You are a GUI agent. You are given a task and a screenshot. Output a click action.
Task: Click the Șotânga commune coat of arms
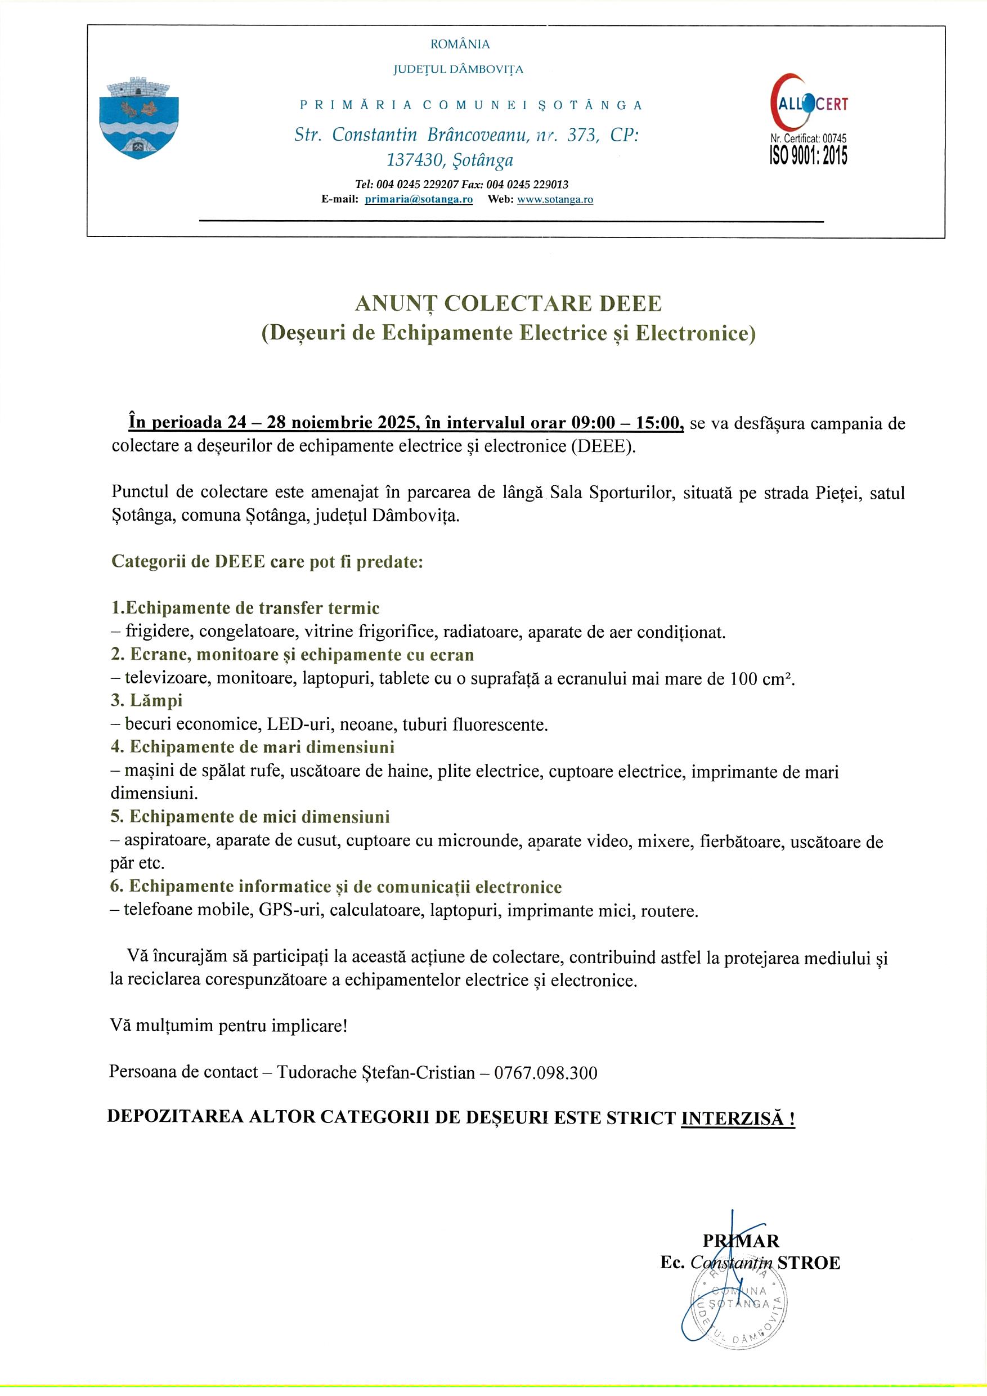(x=138, y=119)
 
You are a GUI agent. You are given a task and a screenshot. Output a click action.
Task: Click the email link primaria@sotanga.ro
(x=418, y=199)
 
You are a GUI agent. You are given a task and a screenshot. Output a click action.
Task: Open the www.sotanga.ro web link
(x=555, y=199)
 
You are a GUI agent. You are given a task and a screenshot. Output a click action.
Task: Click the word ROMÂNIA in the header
(x=460, y=44)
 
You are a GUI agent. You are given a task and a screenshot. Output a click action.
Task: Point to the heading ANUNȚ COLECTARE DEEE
(x=508, y=303)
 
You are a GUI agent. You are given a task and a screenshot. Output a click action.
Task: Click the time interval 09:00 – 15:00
(x=623, y=423)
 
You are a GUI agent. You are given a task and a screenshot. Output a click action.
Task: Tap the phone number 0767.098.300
(x=545, y=1072)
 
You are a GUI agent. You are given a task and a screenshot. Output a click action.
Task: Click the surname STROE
(x=808, y=1263)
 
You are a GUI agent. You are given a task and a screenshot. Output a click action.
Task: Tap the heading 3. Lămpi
(x=146, y=700)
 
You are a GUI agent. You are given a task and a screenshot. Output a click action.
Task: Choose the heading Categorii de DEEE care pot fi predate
(x=267, y=561)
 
